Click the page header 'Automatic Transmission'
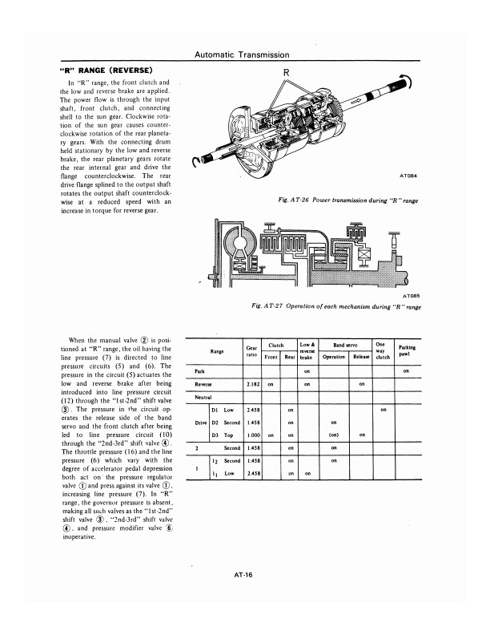(242, 55)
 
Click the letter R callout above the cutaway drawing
(287, 72)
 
